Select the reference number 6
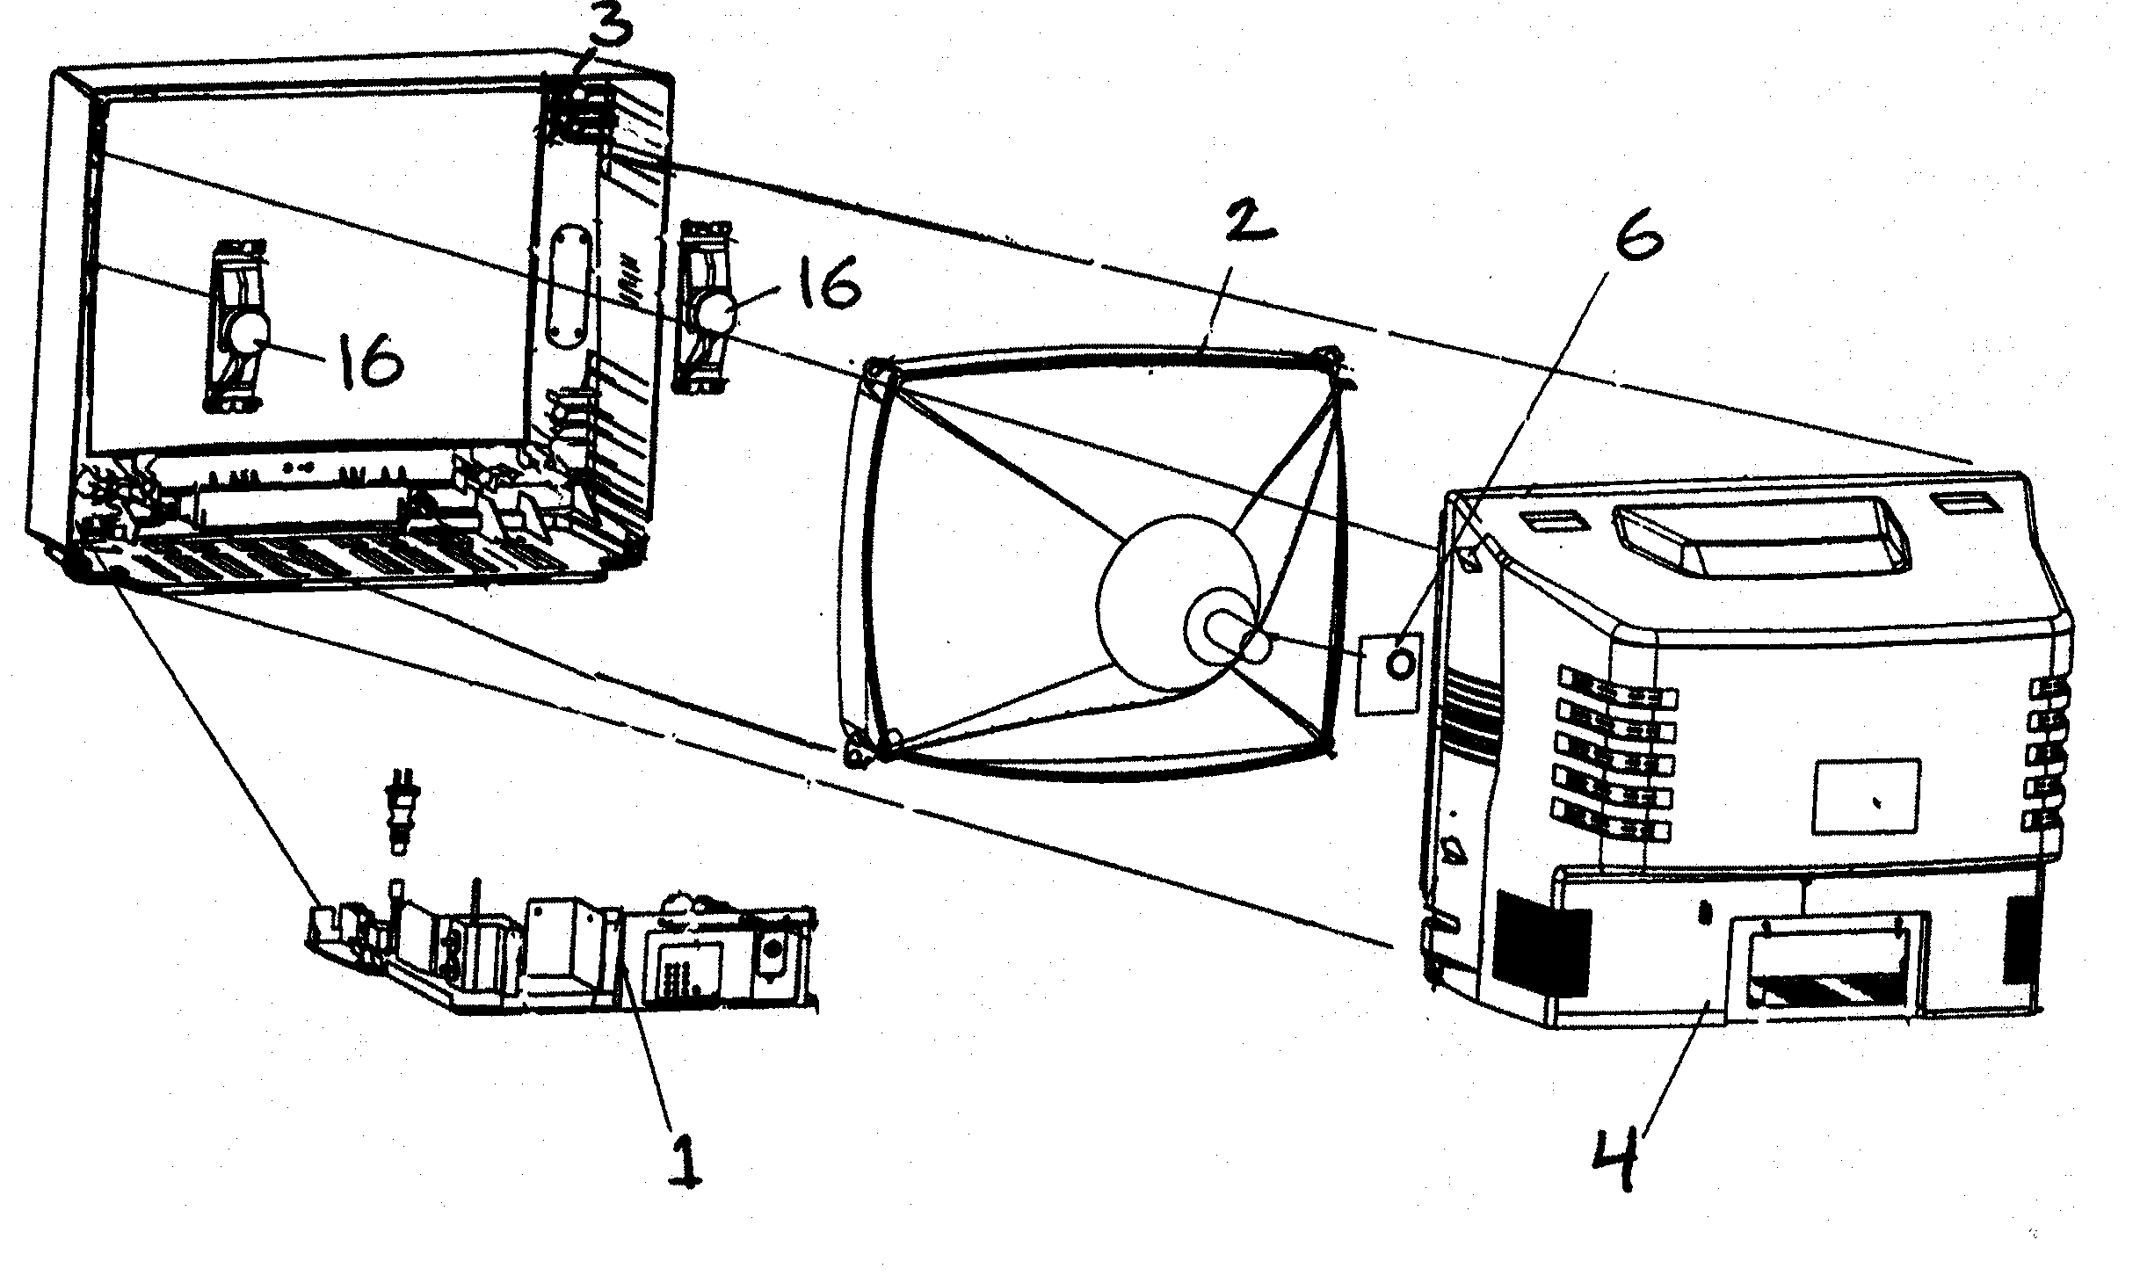click(1636, 230)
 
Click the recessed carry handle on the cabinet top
click(1762, 533)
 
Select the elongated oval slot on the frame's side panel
click(564, 299)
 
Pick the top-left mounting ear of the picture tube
click(879, 371)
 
